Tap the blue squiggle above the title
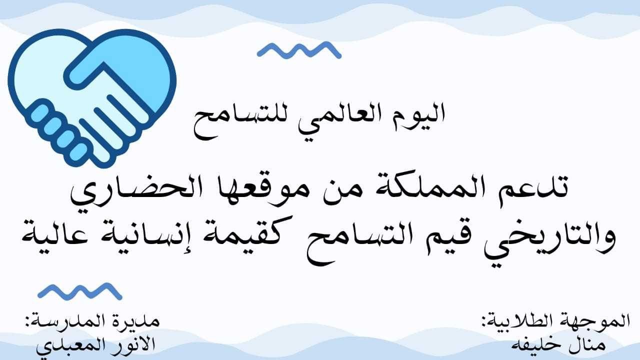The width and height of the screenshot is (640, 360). (299, 50)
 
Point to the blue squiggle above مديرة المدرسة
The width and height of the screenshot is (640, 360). (80, 291)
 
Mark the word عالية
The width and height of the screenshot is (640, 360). (55, 237)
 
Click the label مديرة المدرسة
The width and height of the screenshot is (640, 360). (91, 321)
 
